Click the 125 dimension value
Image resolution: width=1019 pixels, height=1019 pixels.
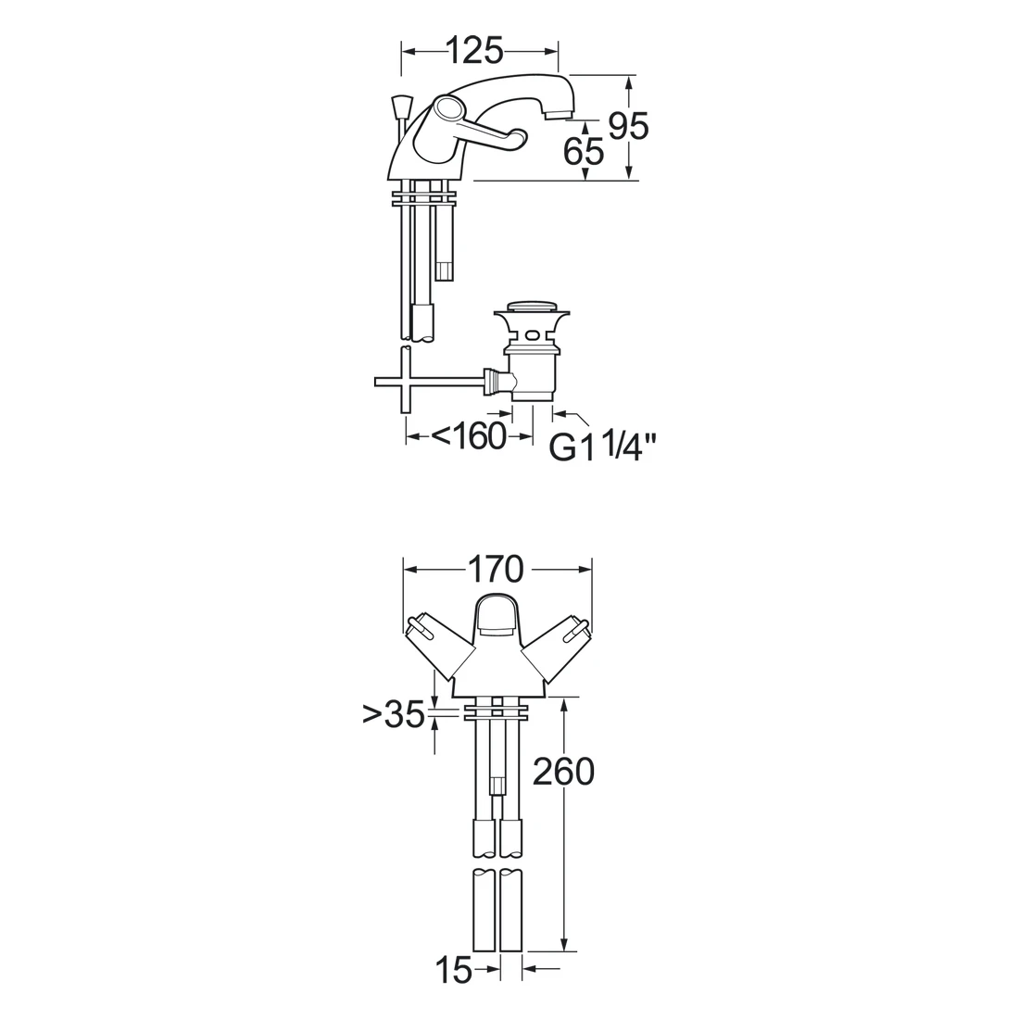(x=475, y=50)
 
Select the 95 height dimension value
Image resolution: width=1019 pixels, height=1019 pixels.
(x=628, y=125)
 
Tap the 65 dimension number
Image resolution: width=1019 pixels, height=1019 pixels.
(x=584, y=152)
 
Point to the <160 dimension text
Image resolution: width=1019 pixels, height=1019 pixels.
(x=469, y=436)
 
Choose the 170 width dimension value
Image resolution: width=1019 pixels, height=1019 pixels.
(x=496, y=570)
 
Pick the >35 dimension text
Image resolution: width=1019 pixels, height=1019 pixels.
(x=394, y=714)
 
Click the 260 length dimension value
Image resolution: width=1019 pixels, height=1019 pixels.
(x=563, y=772)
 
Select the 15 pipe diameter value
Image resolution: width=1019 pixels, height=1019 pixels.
(x=453, y=971)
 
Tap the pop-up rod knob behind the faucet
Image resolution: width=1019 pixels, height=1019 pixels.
(x=400, y=105)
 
